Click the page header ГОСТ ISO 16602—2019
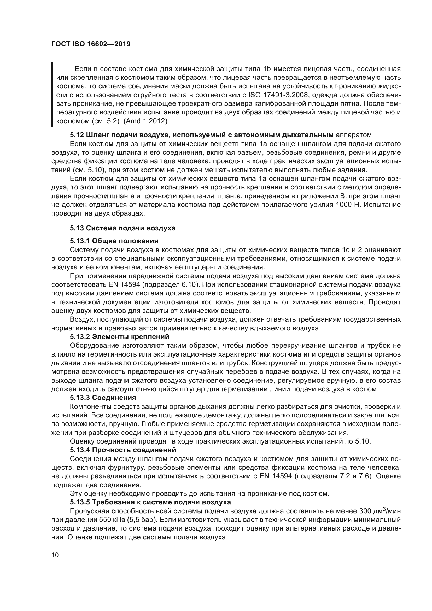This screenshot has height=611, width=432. [91, 44]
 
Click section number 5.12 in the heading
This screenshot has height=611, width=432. [77, 135]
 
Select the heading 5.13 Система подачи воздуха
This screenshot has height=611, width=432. [123, 228]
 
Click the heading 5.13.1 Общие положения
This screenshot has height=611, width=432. [114, 241]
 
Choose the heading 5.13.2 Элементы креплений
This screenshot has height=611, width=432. [119, 337]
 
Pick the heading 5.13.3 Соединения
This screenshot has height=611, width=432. [103, 398]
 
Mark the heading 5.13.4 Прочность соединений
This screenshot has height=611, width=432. [123, 450]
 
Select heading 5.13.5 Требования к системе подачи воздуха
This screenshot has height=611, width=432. [150, 502]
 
